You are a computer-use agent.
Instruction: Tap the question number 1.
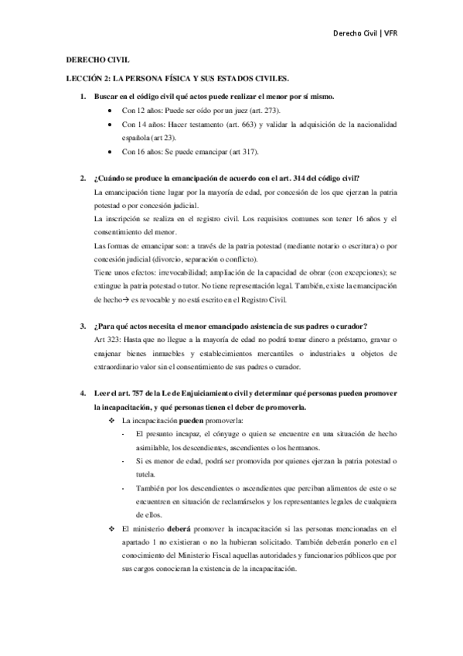tap(83, 97)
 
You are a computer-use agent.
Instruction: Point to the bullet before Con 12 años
tap(114, 111)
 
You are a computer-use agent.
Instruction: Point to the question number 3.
tap(83, 321)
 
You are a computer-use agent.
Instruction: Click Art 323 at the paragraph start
tap(104, 335)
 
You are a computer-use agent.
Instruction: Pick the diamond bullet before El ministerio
tap(112, 528)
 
